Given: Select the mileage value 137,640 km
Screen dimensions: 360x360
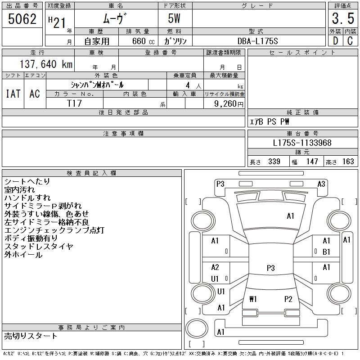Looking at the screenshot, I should pos(45,64).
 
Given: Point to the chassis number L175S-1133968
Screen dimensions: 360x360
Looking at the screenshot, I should pos(302,143).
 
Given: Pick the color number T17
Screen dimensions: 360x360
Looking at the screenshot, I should pos(74,103).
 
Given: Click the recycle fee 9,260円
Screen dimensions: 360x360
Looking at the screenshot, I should pos(225,103).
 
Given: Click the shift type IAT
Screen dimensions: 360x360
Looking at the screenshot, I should pos(13,94).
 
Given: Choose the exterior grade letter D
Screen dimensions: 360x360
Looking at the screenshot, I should pos(335,41).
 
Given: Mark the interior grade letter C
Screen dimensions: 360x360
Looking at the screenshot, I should pos(350,41).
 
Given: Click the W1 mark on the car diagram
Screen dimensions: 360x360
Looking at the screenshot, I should pos(252,299).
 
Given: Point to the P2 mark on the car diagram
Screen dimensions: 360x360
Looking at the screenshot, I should pos(288,299).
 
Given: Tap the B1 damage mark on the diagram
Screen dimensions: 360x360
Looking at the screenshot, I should pos(326,252).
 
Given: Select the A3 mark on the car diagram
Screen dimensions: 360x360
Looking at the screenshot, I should pos(321,184).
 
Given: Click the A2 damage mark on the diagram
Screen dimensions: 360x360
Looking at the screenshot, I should pos(215,267).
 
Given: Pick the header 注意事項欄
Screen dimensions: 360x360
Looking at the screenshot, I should pos(123,134).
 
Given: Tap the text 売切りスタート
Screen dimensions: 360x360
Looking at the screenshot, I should pos(31,336).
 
